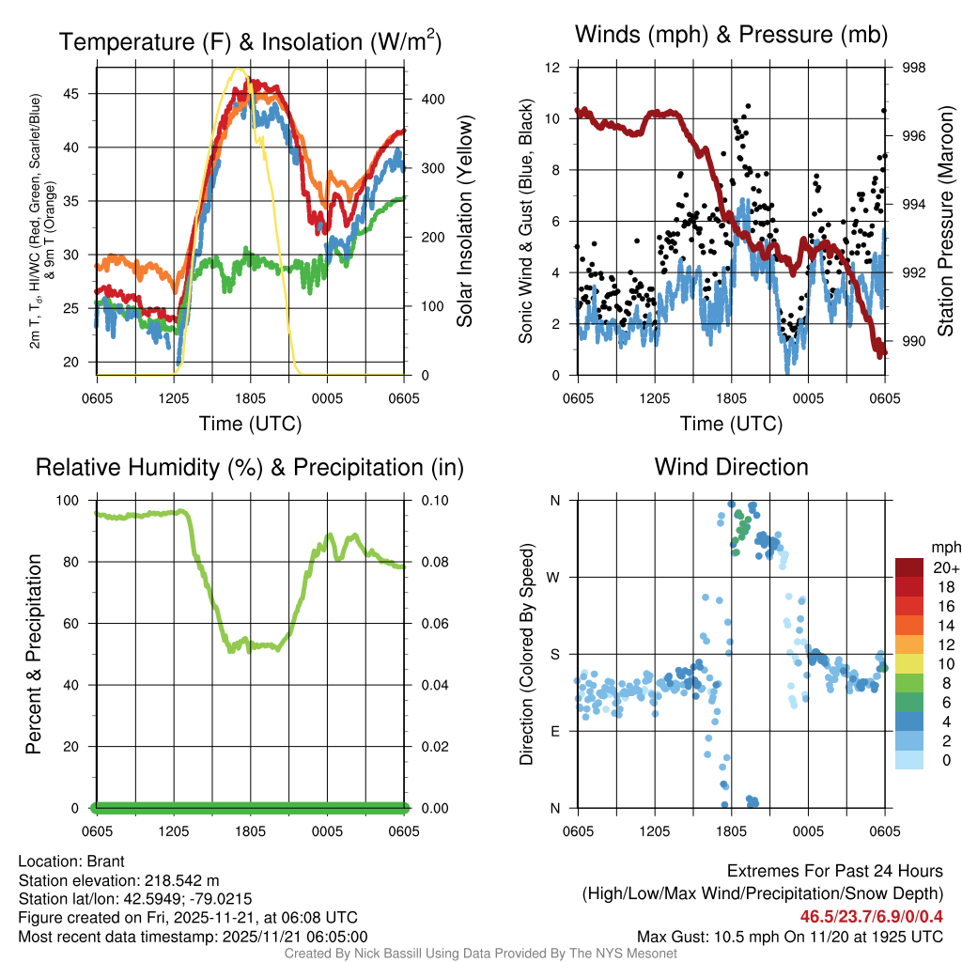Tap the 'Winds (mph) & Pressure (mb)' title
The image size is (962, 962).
(731, 35)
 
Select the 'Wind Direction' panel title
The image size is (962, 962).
(731, 467)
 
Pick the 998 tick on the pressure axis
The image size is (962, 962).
(912, 68)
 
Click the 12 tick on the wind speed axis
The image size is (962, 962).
(553, 68)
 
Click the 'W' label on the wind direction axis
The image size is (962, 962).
(554, 577)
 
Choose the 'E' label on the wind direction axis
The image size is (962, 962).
(554, 731)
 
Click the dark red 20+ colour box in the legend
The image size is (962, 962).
(908, 567)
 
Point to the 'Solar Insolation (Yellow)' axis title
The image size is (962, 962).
(464, 221)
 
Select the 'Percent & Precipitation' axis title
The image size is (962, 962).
(34, 654)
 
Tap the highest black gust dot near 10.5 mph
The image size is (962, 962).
(748, 106)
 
